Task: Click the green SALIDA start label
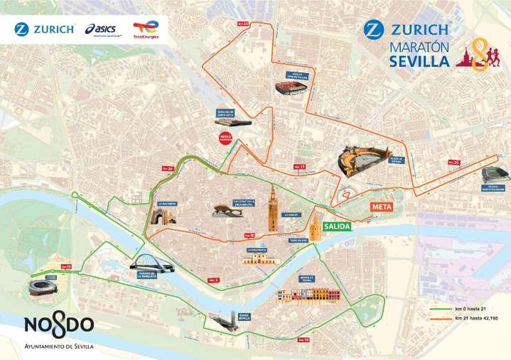click(338, 226)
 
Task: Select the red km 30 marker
click(453, 163)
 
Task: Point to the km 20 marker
click(168, 168)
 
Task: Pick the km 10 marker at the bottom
click(304, 342)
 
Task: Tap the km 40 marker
click(249, 235)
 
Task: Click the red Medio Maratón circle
click(227, 138)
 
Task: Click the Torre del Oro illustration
click(315, 229)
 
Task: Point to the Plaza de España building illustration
click(356, 162)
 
